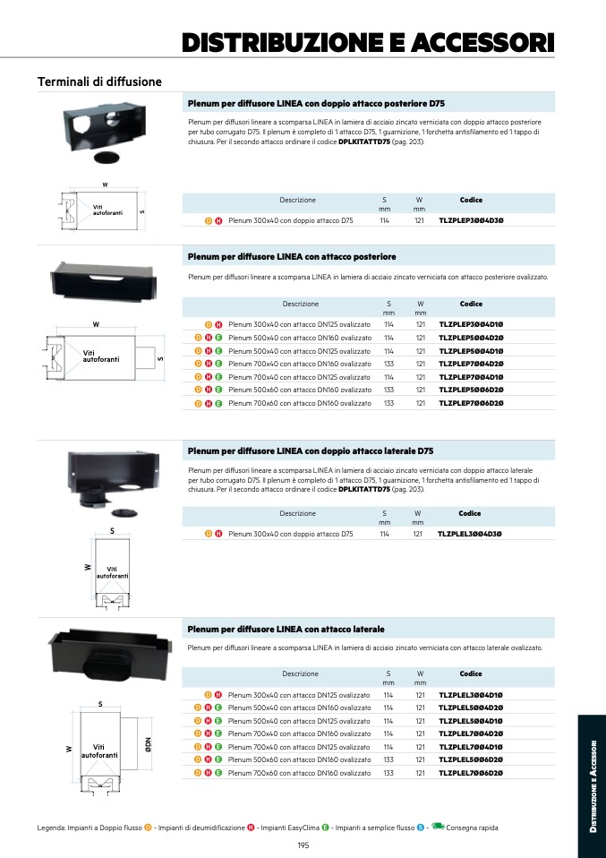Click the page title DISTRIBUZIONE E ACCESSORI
368,42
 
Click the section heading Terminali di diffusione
99,82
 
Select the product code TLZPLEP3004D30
471,219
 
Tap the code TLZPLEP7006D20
471,403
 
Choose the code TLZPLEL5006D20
471,759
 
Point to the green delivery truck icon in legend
438,826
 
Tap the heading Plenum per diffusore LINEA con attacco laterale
286,629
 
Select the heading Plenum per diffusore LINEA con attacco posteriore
292,257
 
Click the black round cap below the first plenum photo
106,158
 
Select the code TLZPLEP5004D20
471,338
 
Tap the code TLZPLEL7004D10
471,746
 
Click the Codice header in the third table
470,513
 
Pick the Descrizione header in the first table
297,200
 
